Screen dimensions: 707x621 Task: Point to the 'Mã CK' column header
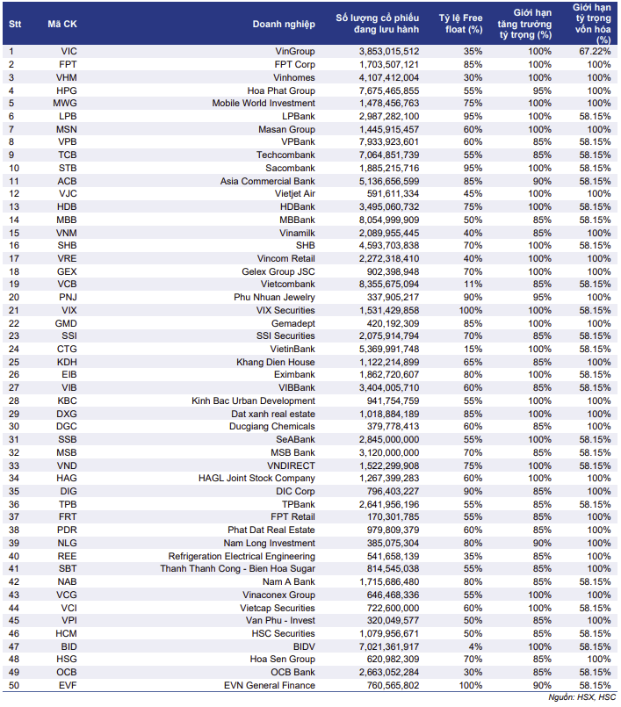pos(62,23)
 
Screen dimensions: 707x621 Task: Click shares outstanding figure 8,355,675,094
pos(389,285)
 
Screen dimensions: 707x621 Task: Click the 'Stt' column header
pos(15,23)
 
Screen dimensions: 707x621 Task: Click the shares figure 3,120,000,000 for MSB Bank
pos(389,452)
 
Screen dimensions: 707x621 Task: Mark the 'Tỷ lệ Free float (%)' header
pos(461,23)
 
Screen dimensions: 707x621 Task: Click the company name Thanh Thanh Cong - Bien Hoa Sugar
pos(237,569)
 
